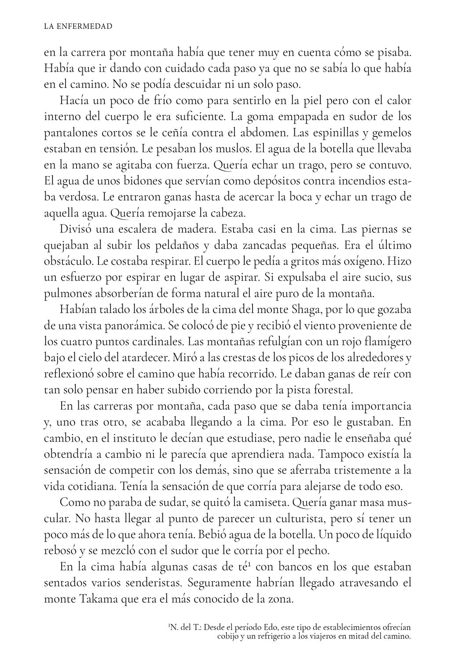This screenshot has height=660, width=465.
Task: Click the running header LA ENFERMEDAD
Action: (78, 27)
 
